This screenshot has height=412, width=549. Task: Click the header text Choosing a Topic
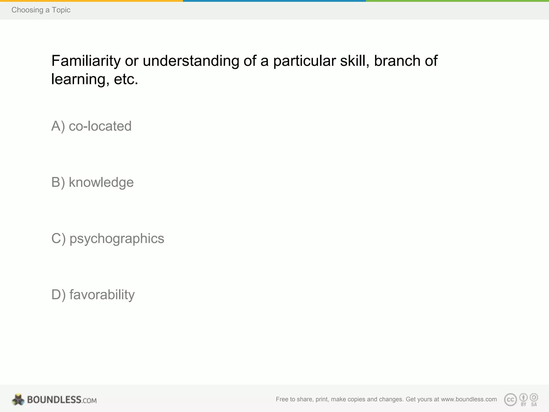(41, 10)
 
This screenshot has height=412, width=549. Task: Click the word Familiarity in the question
(86, 61)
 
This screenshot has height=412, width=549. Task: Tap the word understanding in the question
(191, 61)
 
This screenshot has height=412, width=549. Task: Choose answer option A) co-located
(91, 126)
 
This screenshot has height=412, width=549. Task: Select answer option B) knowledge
(92, 182)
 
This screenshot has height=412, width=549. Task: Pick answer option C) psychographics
(108, 238)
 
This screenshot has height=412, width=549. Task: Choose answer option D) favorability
(93, 295)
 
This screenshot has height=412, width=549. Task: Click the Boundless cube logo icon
(18, 399)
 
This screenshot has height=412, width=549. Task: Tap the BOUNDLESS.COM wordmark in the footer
(62, 400)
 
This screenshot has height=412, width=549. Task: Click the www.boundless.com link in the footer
(469, 399)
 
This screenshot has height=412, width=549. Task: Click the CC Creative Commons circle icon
(510, 400)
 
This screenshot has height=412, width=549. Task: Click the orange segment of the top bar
(91, 1)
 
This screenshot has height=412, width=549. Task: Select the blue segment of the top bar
(274, 1)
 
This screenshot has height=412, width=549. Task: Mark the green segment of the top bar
(457, 1)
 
